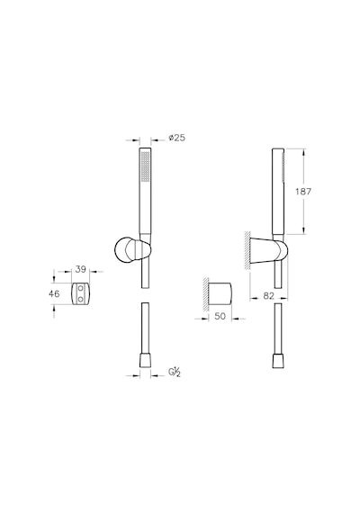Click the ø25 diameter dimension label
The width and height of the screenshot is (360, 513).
[x=176, y=138]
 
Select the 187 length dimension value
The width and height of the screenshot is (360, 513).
[x=303, y=191]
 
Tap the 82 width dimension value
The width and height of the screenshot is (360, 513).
[x=268, y=295]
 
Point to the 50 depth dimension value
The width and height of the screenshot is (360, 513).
[x=220, y=317]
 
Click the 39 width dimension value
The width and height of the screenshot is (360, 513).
[x=80, y=269]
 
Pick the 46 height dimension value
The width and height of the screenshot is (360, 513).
[x=54, y=293]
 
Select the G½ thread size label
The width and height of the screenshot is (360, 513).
[x=175, y=373]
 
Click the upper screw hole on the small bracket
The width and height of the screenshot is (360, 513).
[x=80, y=288]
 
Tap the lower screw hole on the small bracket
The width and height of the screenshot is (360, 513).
[x=80, y=299]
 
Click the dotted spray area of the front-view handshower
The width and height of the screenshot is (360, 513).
[x=145, y=166]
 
